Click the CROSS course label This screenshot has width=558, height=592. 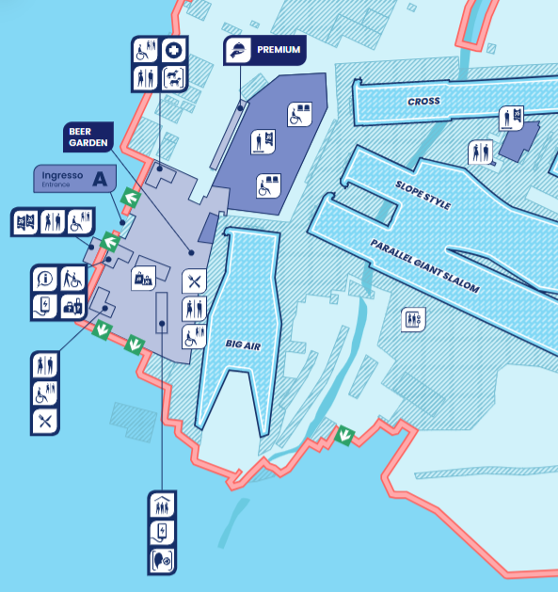coord(423,102)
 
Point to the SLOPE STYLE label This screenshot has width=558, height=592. coord(423,199)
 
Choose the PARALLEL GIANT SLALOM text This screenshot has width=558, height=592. coord(424,265)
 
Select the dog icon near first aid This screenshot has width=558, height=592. coord(173,77)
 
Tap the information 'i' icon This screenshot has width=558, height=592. coord(45,279)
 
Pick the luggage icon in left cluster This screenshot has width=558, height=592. coord(72,305)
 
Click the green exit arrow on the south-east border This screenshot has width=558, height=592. coord(345,435)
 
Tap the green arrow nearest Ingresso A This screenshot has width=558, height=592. coord(130,199)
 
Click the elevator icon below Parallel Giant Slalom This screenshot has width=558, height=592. coord(412,318)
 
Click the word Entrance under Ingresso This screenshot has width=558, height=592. coord(56,184)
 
